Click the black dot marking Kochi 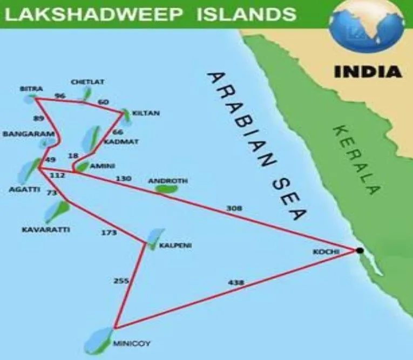pyautogui.click(x=360, y=250)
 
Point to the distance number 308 pyautogui.click(x=234, y=208)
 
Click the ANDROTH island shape pyautogui.click(x=166, y=189)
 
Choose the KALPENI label pyautogui.click(x=175, y=246)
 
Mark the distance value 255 pyautogui.click(x=121, y=281)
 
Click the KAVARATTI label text pyautogui.click(x=46, y=229)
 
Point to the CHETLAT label pyautogui.click(x=87, y=82)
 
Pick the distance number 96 pyautogui.click(x=60, y=97)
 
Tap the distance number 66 pyautogui.click(x=118, y=132)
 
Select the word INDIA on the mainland pyautogui.click(x=368, y=72)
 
